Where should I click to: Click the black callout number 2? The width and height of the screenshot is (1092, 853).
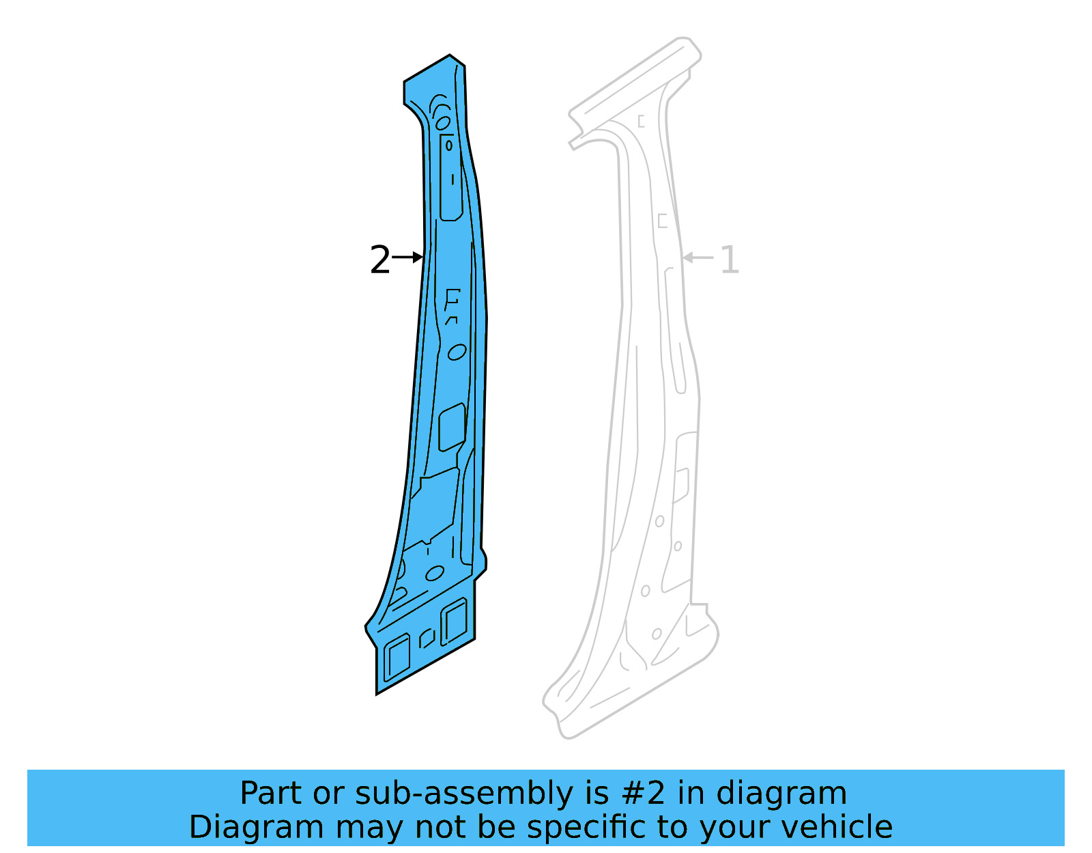(380, 260)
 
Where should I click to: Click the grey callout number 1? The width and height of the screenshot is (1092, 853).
(730, 260)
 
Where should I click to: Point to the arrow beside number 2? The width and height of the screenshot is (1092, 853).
(408, 257)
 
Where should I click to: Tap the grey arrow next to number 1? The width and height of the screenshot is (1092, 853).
(698, 257)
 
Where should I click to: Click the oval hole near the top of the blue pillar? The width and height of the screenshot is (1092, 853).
(443, 123)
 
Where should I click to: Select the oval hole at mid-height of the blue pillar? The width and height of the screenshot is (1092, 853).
(457, 352)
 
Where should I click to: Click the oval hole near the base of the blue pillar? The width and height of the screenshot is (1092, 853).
(435, 573)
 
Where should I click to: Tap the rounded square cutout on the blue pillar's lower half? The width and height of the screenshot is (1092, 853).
(452, 428)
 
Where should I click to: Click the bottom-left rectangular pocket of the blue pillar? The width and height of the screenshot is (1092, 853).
(397, 658)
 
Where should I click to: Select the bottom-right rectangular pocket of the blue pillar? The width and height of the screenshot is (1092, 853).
(454, 621)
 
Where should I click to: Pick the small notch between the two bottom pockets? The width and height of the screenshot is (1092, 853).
(427, 639)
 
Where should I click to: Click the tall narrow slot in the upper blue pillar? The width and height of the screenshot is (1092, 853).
(450, 178)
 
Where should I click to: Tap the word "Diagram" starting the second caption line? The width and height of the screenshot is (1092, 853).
(255, 827)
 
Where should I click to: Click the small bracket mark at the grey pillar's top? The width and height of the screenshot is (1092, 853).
(641, 122)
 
